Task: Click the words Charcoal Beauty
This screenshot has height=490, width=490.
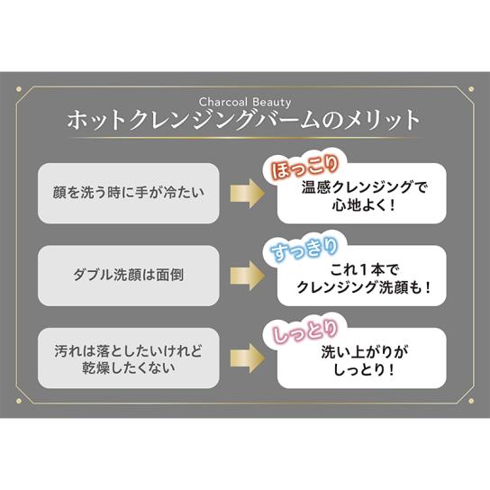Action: (x=245, y=102)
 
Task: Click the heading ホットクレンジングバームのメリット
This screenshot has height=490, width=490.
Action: (x=243, y=120)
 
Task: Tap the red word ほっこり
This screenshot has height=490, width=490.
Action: (x=304, y=168)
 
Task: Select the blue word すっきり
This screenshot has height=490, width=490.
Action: (x=304, y=250)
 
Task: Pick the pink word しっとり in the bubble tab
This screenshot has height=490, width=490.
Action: (x=305, y=331)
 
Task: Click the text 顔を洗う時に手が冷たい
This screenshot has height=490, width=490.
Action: (x=129, y=193)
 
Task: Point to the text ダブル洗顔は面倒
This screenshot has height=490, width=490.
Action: (x=129, y=275)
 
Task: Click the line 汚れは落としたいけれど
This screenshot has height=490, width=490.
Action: (x=129, y=351)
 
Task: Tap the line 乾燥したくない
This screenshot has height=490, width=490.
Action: (x=129, y=367)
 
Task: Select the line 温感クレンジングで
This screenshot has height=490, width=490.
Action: (x=364, y=187)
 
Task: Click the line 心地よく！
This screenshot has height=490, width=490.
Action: (x=364, y=205)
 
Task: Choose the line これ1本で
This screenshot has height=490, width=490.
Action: (x=364, y=269)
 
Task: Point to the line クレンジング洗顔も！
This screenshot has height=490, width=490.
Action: (x=364, y=287)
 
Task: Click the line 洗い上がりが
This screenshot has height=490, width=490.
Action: (x=364, y=352)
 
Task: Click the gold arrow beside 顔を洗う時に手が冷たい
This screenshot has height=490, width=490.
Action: (x=248, y=194)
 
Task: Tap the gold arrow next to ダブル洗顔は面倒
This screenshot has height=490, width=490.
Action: (x=248, y=276)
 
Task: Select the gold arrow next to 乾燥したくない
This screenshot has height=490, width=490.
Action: (x=248, y=358)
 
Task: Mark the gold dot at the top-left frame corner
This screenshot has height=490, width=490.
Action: (x=19, y=89)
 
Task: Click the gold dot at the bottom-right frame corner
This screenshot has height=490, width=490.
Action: (x=471, y=401)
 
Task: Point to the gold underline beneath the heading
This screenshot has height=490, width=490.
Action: (x=243, y=138)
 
